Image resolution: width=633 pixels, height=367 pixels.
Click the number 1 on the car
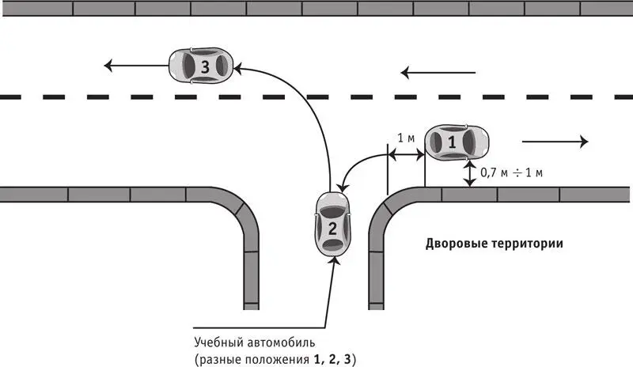point(452,142)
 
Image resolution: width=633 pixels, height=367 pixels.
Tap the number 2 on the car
point(332,229)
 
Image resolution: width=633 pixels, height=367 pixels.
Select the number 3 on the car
point(205,66)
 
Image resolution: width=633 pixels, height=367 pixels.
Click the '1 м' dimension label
point(406,138)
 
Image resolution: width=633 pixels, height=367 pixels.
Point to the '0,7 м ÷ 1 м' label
point(511,172)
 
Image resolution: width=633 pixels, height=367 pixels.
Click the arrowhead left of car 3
point(108,65)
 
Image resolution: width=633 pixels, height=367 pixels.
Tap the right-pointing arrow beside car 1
point(555,142)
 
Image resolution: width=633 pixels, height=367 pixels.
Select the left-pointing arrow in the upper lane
point(438,73)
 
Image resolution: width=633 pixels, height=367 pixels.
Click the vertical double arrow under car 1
point(469,173)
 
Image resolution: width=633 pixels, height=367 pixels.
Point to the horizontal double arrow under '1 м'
point(406,153)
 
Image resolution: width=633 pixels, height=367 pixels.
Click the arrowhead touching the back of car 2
point(335,260)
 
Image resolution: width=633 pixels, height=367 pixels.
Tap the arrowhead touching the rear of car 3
point(238,69)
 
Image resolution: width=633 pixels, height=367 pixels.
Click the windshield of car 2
point(332,212)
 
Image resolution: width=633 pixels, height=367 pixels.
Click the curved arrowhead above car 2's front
point(343,187)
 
